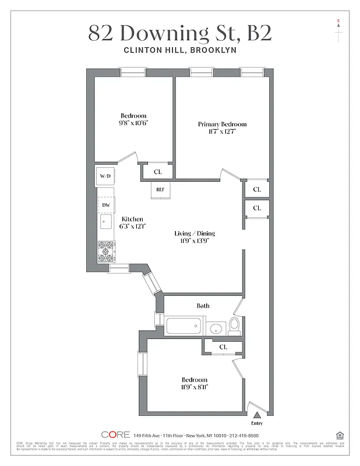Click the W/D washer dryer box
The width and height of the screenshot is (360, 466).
[x=105, y=176]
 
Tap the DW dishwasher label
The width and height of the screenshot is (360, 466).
[x=106, y=205]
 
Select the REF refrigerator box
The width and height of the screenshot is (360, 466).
[x=160, y=190]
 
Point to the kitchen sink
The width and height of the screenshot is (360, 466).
[x=106, y=222]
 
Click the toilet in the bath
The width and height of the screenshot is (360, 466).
[x=234, y=325]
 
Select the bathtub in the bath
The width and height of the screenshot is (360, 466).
[x=184, y=326]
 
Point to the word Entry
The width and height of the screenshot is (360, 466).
[x=256, y=423]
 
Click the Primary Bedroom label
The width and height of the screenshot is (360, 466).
[x=222, y=124]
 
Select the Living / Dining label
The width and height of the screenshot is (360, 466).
[x=195, y=234]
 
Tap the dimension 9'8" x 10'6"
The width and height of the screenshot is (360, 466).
[x=133, y=123]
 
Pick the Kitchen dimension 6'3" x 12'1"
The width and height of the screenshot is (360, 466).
[x=133, y=226]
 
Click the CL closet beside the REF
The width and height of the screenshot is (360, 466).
[x=158, y=172]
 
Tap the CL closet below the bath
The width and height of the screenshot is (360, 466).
[x=223, y=347]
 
